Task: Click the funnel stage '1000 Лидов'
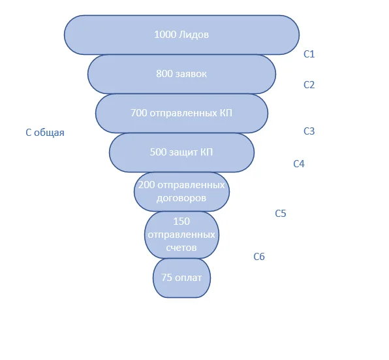181,35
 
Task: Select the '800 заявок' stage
181,74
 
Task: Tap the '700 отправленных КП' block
181,113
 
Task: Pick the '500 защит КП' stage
181,152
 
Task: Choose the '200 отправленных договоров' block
181,191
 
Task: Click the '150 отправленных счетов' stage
181,235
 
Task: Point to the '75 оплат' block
181,278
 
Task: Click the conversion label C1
309,54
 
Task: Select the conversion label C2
309,85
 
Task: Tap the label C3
309,131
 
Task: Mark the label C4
299,163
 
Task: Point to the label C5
281,213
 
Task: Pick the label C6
259,257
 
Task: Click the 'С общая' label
45,133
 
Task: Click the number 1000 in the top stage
165,35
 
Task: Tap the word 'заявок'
191,74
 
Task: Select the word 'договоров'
181,198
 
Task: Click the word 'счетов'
181,248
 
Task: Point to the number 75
166,278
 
